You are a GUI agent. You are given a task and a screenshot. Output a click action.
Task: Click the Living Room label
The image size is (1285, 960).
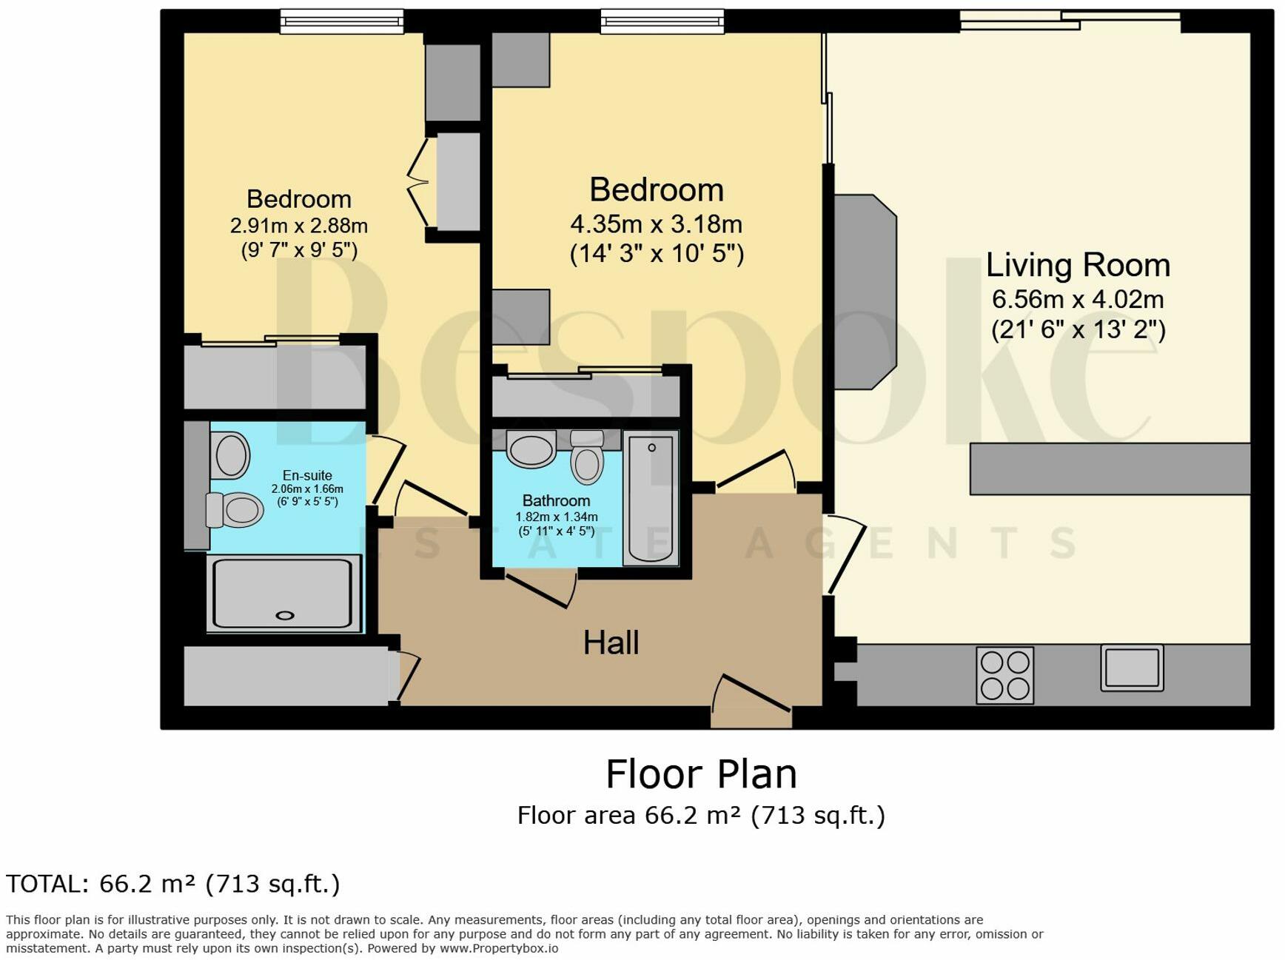click(1078, 265)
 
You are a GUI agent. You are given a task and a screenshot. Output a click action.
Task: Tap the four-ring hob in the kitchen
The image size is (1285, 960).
click(1004, 674)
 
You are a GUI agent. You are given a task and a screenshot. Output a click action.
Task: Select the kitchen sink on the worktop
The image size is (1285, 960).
click(1132, 667)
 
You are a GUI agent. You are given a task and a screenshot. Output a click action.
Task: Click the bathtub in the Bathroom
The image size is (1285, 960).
click(651, 497)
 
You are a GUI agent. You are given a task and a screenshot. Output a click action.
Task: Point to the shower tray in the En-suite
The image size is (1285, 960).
click(283, 594)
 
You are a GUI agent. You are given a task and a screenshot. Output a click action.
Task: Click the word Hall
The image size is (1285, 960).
click(611, 642)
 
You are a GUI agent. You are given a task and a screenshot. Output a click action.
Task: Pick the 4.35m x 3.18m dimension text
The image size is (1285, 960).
click(656, 224)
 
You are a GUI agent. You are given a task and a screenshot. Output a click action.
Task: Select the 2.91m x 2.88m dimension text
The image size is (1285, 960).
click(299, 225)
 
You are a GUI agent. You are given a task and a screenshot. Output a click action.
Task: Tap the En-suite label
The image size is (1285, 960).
click(307, 475)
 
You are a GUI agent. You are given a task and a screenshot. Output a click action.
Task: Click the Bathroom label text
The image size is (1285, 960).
click(556, 500)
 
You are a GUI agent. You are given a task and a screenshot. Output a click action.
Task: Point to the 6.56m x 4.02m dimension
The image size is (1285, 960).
click(1078, 299)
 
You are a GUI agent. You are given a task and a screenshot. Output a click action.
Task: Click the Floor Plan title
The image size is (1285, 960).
click(701, 774)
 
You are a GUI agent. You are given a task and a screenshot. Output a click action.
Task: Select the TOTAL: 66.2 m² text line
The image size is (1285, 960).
click(172, 884)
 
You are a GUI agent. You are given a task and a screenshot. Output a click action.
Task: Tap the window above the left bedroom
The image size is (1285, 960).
click(342, 21)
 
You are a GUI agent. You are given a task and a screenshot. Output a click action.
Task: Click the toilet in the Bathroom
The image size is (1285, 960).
click(587, 457)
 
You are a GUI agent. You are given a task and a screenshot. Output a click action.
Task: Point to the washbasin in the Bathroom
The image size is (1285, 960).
click(531, 449)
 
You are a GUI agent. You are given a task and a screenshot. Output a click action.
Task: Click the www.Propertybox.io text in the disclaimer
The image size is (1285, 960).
click(499, 948)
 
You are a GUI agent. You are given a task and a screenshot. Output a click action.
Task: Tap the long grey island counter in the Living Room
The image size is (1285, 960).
click(1110, 469)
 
